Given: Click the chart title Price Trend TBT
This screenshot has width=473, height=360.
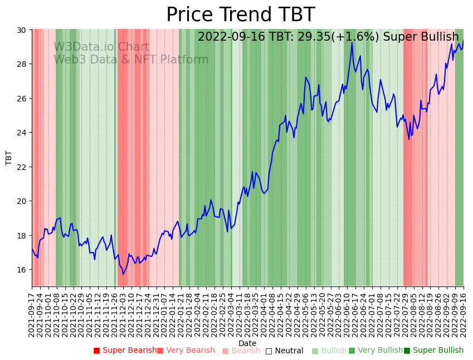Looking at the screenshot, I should [240, 14].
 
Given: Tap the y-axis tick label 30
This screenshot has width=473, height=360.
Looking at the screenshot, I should [23, 30].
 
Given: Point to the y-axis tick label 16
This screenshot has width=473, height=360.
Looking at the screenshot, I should [23, 270].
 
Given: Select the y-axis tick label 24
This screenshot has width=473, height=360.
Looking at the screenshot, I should [23, 133].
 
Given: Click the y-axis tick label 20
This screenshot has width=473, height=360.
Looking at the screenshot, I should [23, 201].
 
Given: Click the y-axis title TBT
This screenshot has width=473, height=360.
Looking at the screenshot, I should [9, 158].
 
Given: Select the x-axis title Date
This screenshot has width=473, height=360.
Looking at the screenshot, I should [247, 343].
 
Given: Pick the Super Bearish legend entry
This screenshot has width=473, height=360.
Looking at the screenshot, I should [125, 351].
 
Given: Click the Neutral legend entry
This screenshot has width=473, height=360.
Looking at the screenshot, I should [284, 351].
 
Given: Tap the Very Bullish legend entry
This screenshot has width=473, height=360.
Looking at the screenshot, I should [376, 351].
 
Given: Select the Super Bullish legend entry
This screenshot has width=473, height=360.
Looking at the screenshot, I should [433, 351].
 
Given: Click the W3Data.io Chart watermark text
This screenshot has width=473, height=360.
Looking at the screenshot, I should [101, 47].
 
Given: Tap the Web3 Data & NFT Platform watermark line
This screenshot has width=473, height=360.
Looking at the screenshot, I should [131, 60].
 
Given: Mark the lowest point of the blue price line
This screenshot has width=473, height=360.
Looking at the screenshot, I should [123, 274].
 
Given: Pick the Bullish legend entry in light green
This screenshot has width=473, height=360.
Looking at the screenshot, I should [329, 351].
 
